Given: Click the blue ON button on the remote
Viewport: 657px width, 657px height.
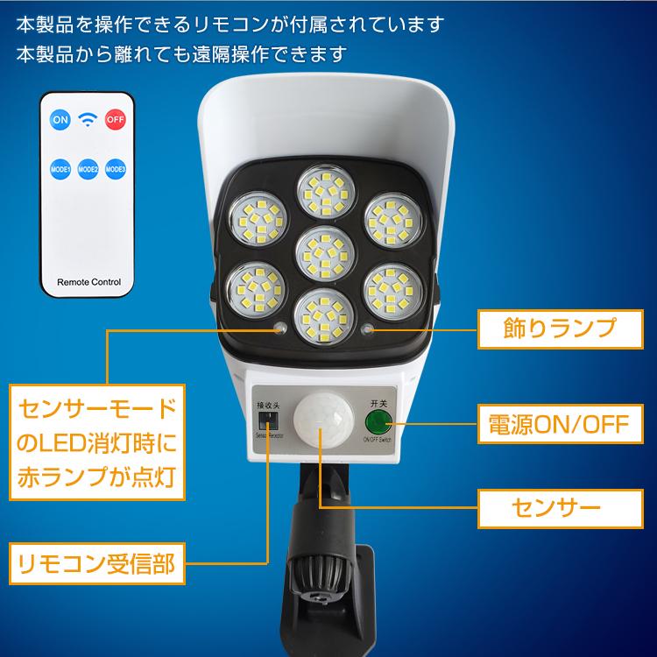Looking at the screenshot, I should click(60, 119).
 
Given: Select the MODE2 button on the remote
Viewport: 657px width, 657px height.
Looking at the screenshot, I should click(87, 168).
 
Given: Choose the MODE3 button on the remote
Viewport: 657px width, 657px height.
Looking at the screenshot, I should click(116, 168).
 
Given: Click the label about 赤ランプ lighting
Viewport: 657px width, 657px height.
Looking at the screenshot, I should click(96, 445).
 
